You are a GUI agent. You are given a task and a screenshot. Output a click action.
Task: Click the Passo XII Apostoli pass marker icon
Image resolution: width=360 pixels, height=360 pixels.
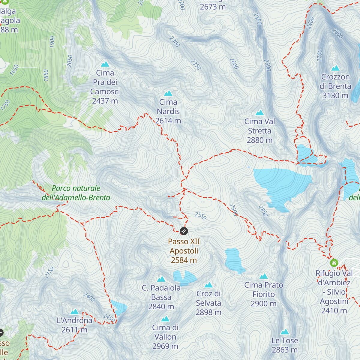pyautogui.click(x=184, y=231)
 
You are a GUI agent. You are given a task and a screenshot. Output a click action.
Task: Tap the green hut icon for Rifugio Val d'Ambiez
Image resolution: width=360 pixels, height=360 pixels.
pyautogui.click(x=334, y=263)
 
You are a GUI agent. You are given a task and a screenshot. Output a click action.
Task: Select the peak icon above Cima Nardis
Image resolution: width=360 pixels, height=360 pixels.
pyautogui.click(x=168, y=93)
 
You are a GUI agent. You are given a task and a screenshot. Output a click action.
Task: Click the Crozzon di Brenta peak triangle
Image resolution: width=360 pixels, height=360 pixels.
pyautogui.click(x=335, y=68)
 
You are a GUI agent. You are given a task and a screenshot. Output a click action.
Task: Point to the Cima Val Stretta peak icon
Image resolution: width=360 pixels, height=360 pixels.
pyautogui.click(x=259, y=113)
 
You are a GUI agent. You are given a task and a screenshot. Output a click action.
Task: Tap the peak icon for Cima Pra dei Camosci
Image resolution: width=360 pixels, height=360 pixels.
pyautogui.click(x=105, y=64)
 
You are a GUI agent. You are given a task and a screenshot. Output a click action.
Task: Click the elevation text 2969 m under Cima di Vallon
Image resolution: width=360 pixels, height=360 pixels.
pyautogui.click(x=165, y=346)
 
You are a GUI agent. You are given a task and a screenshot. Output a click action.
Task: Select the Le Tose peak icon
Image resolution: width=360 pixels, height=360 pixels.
pyautogui.click(x=284, y=332)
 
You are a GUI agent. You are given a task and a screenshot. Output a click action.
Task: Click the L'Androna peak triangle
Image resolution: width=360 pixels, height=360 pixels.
pyautogui.click(x=74, y=312)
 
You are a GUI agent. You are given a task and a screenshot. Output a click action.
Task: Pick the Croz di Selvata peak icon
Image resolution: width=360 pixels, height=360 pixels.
pyautogui.click(x=208, y=285)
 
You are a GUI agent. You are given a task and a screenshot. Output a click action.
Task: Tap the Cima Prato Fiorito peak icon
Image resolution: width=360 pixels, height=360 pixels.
pyautogui.click(x=264, y=276)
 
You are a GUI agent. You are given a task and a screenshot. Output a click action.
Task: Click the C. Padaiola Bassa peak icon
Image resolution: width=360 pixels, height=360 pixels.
pyautogui.click(x=161, y=279)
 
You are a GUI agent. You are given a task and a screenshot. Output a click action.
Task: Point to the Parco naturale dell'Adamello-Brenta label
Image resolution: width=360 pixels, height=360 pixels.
pyautogui.click(x=76, y=193)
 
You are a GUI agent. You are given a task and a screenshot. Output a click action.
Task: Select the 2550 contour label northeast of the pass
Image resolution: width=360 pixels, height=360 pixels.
pyautogui.click(x=200, y=215)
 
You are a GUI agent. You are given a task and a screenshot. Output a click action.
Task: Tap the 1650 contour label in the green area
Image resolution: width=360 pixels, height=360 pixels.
pyautogui.click(x=14, y=70)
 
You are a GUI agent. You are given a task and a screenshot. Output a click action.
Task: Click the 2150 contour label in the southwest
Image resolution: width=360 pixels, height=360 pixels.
pyautogui.click(x=49, y=272)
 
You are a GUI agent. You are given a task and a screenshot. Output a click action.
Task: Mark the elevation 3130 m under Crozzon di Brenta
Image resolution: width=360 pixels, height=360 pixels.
pyautogui.click(x=335, y=96)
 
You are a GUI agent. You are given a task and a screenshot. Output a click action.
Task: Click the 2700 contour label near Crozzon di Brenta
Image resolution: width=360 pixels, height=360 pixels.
pyautogui.click(x=319, y=56)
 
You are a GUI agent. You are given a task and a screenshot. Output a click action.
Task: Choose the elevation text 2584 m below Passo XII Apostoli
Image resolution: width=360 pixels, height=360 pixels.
pyautogui.click(x=184, y=260)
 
